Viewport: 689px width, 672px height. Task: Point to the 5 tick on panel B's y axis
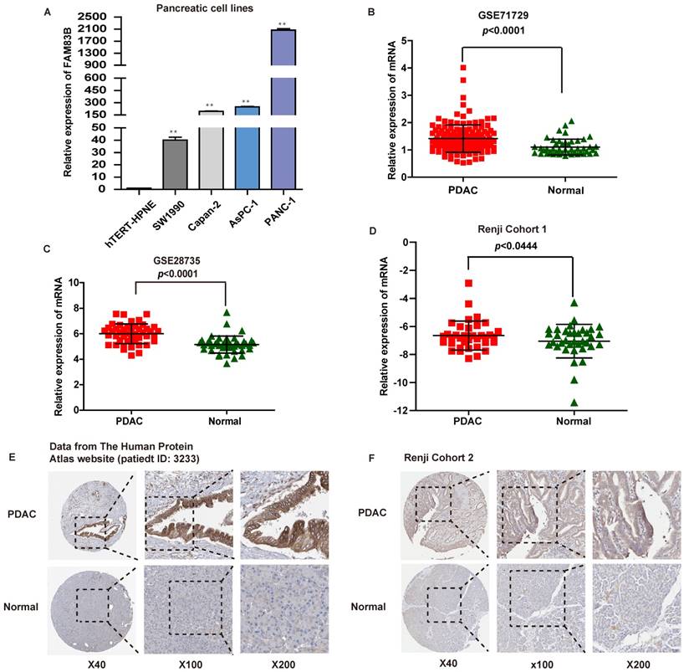pos(403,40)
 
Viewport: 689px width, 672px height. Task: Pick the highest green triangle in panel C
pos(227,314)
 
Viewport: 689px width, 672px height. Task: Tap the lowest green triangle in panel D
pos(574,402)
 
